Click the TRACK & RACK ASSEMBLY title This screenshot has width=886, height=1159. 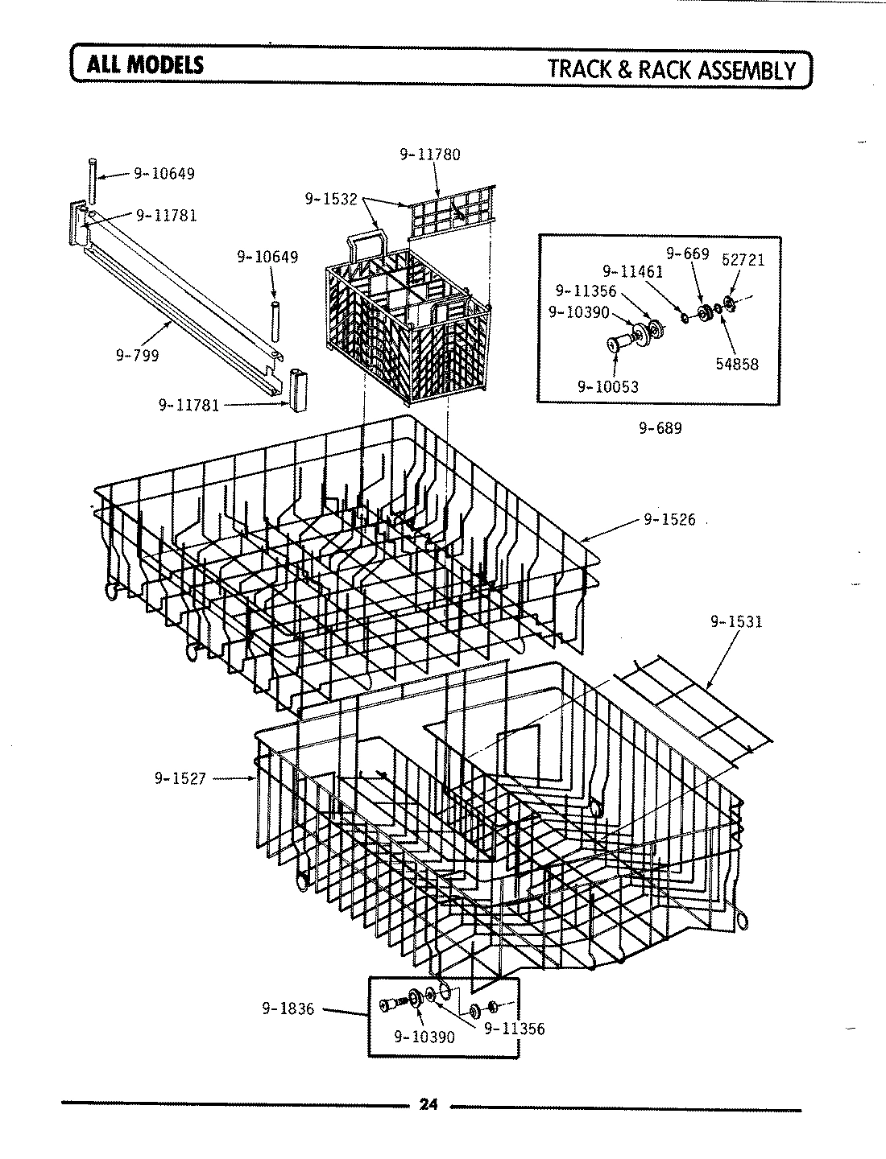pyautogui.click(x=671, y=69)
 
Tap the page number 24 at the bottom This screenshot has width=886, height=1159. pyautogui.click(x=428, y=1104)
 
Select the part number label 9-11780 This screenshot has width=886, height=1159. pyautogui.click(x=430, y=155)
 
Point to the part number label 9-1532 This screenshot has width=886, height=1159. pyautogui.click(x=330, y=198)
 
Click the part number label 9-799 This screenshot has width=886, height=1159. pyautogui.click(x=139, y=355)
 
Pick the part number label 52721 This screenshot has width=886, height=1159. pyautogui.click(x=743, y=260)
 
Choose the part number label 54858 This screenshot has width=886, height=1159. pyautogui.click(x=736, y=364)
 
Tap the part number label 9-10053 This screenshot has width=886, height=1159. pyautogui.click(x=607, y=386)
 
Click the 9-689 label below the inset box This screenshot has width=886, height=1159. pyautogui.click(x=660, y=428)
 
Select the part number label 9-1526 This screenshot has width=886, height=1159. pyautogui.click(x=669, y=520)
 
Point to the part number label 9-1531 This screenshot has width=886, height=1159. pyautogui.click(x=736, y=622)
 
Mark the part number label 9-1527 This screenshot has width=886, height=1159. pyautogui.click(x=180, y=778)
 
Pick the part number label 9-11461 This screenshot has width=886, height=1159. pyautogui.click(x=633, y=272)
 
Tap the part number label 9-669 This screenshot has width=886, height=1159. pyautogui.click(x=686, y=254)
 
